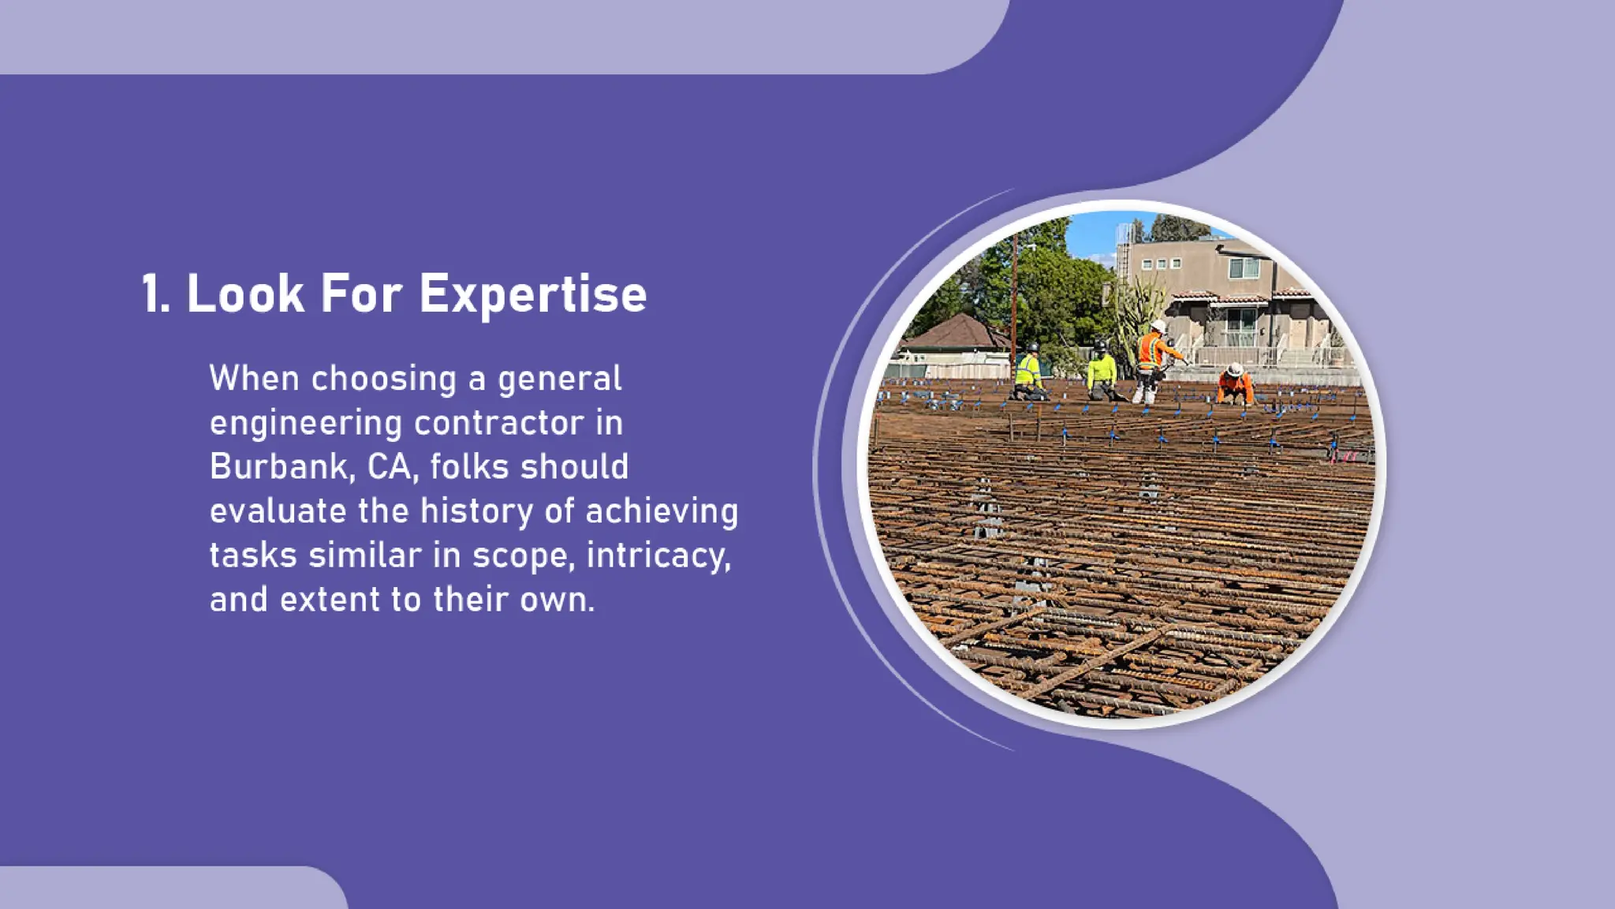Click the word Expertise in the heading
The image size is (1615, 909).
pos(532,294)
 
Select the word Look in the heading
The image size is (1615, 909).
pos(245,294)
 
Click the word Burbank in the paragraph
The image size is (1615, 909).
pos(278,466)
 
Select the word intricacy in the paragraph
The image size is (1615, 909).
pos(658,555)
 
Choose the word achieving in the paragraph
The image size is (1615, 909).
pos(662,511)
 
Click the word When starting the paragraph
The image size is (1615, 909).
pos(254,379)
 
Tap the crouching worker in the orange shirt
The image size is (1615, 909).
pos(1234,386)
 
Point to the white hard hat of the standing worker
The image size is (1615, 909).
pos(1158,326)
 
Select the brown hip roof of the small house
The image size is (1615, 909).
pos(956,333)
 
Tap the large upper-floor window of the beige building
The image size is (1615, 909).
pos(1244,268)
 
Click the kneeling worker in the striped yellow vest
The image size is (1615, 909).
pos(1028,372)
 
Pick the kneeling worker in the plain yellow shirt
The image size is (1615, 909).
pos(1102,371)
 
